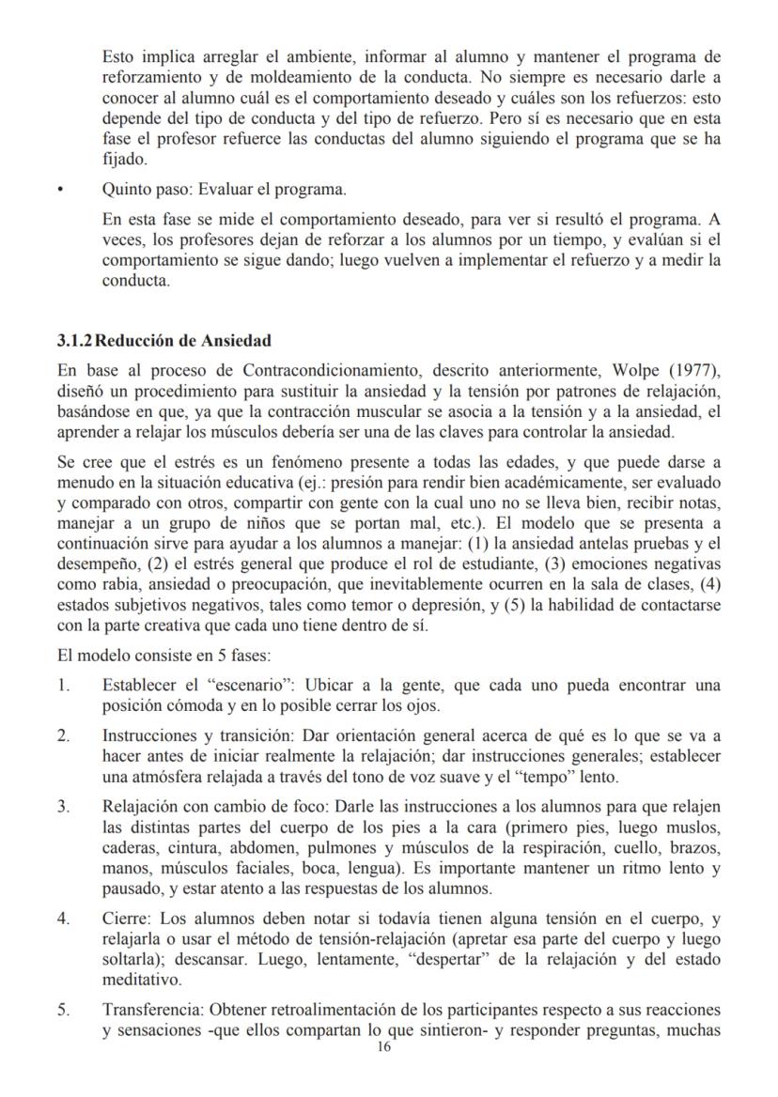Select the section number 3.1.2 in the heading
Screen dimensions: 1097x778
[77, 340]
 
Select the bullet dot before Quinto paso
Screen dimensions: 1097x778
[59, 190]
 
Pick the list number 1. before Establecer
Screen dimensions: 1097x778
[63, 686]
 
